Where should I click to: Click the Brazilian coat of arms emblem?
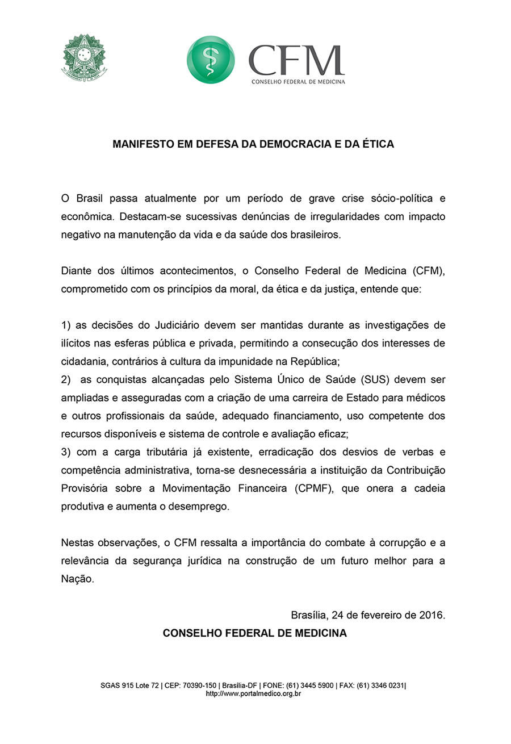pyautogui.click(x=83, y=57)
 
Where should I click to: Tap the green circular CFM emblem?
pyautogui.click(x=211, y=60)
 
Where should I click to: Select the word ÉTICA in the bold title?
pyautogui.click(x=378, y=144)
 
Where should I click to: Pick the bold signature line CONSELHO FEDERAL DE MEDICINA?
pyautogui.click(x=254, y=633)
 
